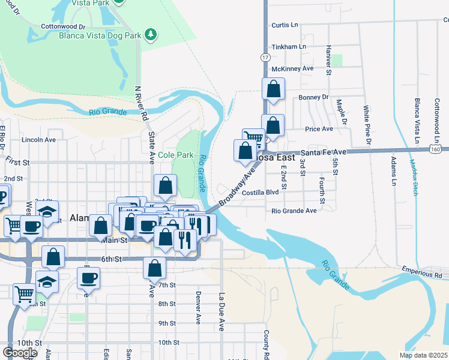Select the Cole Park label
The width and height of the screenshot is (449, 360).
[176, 155]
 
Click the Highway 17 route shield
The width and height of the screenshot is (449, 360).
[265, 57]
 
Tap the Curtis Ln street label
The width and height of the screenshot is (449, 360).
[285, 25]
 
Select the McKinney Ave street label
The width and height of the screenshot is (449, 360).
[292, 68]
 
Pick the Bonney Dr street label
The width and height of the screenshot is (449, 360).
[313, 97]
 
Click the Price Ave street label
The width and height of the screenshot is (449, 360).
[319, 129]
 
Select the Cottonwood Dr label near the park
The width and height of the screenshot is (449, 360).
[63, 27]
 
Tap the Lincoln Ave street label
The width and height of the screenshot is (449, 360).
[38, 139]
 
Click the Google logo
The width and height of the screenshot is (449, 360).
[20, 353]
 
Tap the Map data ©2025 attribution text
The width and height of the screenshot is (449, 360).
[423, 355]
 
